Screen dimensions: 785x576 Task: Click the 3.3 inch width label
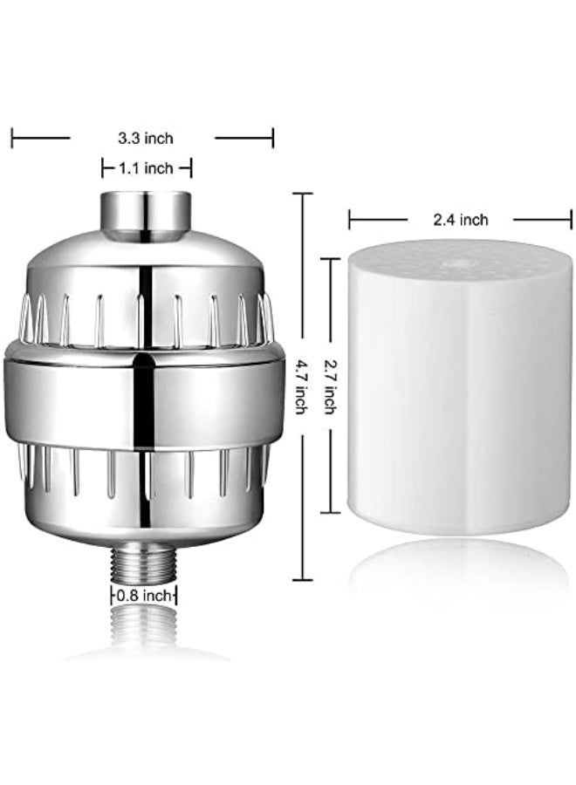(146, 138)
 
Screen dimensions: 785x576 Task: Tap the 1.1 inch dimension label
(146, 168)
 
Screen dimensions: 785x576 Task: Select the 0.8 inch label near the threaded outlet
(144, 597)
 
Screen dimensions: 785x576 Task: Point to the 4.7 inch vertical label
(299, 386)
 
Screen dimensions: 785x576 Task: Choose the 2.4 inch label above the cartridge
(460, 220)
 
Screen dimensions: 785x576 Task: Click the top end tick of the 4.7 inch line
(302, 194)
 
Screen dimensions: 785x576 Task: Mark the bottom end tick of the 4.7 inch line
(302, 579)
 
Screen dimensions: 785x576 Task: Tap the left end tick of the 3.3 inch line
(12, 137)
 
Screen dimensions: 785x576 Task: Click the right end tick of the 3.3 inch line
(272, 137)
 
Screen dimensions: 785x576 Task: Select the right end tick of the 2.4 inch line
(570, 220)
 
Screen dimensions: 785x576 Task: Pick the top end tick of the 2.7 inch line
(330, 259)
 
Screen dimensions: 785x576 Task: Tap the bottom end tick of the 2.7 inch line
(330, 513)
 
